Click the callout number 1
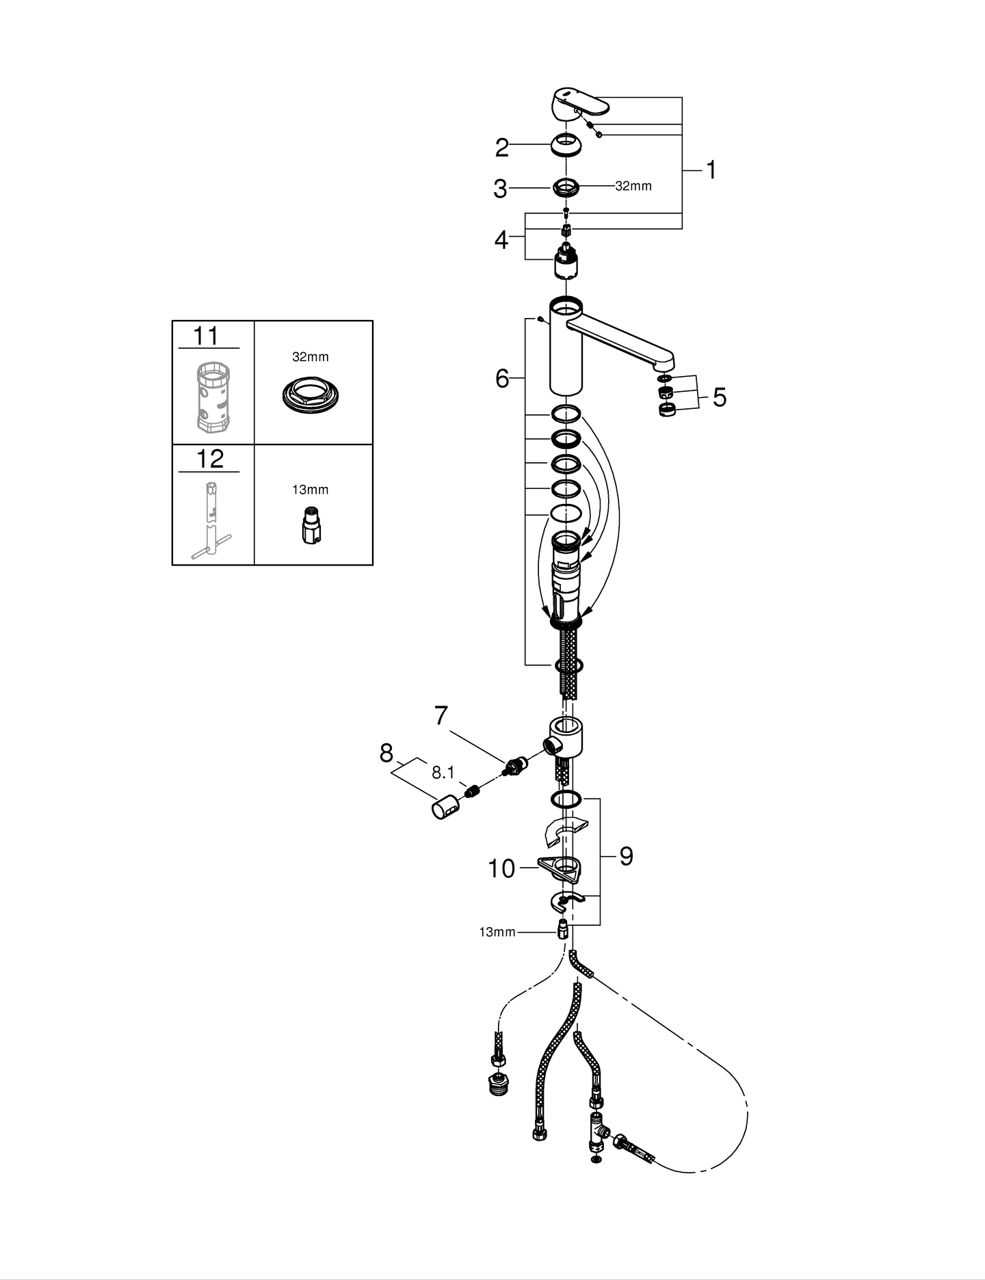click(711, 170)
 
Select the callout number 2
click(502, 148)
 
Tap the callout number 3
click(500, 189)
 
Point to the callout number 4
click(501, 240)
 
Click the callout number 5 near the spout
click(719, 397)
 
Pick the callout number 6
click(502, 378)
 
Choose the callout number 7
click(441, 716)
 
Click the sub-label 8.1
click(443, 773)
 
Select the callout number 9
click(626, 856)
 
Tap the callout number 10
click(501, 868)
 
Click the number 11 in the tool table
click(206, 336)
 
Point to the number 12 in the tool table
click(209, 459)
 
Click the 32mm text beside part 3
click(633, 186)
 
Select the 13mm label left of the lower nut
click(497, 932)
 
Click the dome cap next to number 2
click(566, 146)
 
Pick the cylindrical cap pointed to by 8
click(445, 808)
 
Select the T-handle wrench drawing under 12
click(211, 520)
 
